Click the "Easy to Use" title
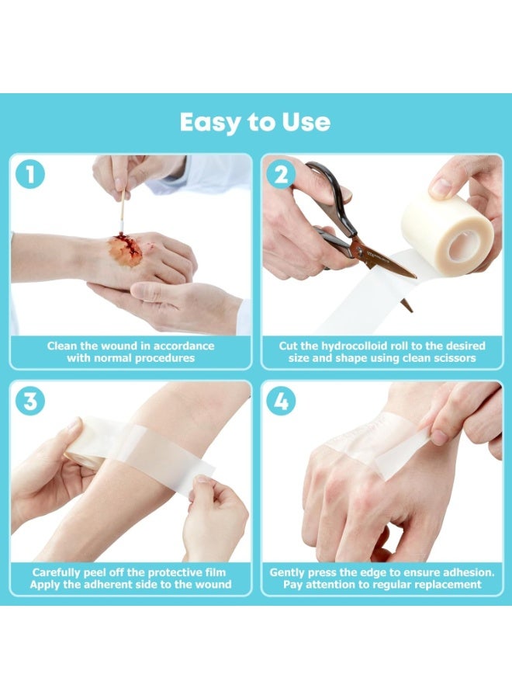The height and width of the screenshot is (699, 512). click(255, 123)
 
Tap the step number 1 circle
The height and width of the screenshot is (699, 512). click(29, 174)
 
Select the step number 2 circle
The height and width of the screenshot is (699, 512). click(281, 174)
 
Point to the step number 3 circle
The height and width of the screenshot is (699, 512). click(29, 401)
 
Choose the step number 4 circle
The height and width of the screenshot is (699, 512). click(281, 401)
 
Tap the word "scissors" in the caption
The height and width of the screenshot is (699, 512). click(455, 358)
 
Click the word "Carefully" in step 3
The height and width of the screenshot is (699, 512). click(56, 572)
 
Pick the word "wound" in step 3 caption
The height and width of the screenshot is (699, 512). click(216, 584)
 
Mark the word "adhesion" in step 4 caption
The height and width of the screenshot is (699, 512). click(469, 572)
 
